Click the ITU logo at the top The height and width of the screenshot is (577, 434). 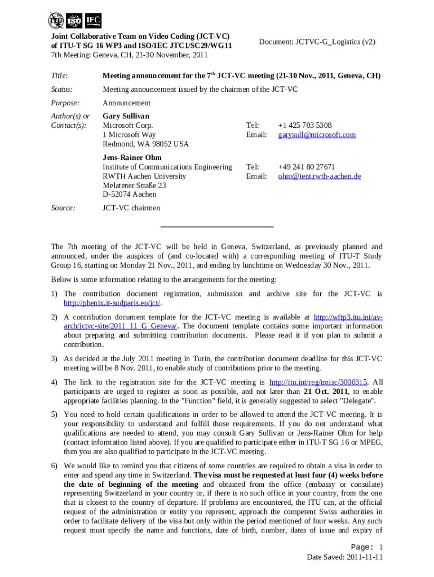[56, 21]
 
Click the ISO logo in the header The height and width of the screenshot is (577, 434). [74, 21]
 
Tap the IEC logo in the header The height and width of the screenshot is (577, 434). [93, 21]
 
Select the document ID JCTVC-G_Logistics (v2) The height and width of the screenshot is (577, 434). [317, 42]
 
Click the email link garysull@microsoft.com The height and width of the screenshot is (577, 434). [317, 135]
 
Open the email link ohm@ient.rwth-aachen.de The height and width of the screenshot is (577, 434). [319, 176]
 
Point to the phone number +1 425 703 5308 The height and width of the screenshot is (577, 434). [304, 125]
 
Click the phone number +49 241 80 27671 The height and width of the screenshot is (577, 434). [306, 167]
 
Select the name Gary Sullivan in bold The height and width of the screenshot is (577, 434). [126, 116]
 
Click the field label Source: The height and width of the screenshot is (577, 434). [63, 208]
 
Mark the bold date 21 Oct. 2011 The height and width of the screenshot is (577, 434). [324, 391]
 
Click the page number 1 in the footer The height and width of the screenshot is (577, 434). [381, 547]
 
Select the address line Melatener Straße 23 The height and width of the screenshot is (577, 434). [134, 185]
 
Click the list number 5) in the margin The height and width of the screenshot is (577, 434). [55, 414]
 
